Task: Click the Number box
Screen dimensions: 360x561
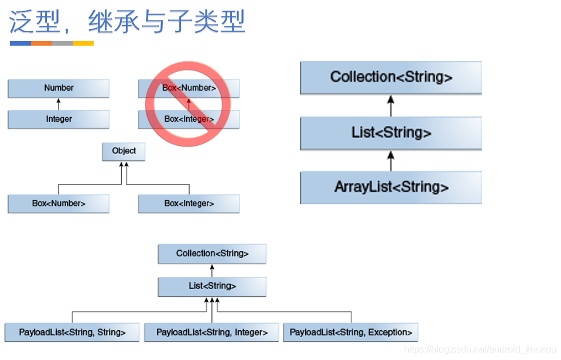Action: (59, 88)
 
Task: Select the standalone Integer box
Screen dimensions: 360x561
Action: (59, 119)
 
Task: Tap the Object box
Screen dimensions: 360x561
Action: (124, 151)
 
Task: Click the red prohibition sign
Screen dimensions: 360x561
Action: (188, 104)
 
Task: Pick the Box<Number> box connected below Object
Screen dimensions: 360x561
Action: (59, 204)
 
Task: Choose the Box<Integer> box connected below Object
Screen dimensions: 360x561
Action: (189, 204)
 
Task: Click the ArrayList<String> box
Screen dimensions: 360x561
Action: (391, 187)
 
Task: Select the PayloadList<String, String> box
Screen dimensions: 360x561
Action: (72, 332)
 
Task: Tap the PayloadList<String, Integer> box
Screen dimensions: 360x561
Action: (211, 332)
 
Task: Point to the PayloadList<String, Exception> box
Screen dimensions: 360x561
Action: (350, 332)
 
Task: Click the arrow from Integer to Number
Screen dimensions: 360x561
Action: (59, 104)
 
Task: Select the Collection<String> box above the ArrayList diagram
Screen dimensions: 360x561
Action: (391, 77)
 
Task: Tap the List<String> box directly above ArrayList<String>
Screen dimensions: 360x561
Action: (391, 133)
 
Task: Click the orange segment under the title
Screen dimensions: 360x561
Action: (42, 43)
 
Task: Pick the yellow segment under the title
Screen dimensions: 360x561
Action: (83, 43)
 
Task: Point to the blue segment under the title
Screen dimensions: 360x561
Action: (20, 43)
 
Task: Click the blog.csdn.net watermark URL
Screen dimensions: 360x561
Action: (480, 349)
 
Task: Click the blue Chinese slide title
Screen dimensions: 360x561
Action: (126, 22)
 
